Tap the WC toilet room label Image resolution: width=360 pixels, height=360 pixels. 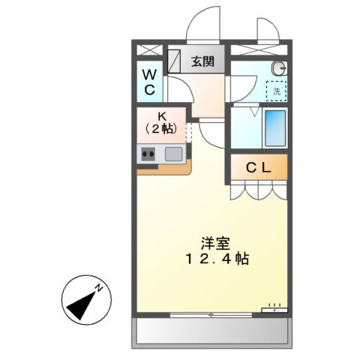(150, 82)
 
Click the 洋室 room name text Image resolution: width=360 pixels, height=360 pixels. (215, 244)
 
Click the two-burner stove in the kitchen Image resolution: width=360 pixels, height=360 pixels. (148, 154)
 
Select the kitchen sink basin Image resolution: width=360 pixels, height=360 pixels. (174, 154)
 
